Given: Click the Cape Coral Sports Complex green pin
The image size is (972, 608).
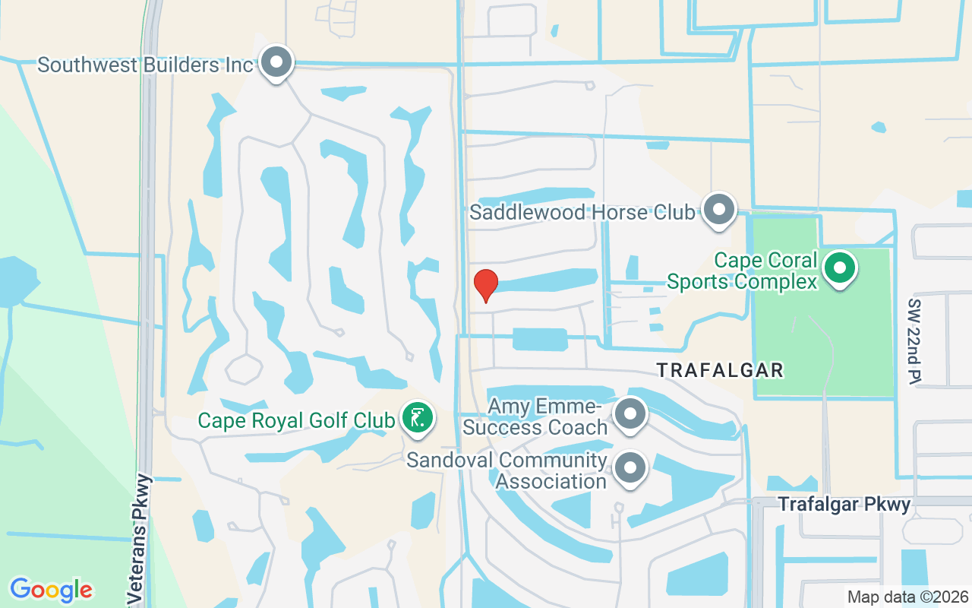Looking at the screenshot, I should (839, 268).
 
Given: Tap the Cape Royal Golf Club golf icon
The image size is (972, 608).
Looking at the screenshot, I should (416, 418).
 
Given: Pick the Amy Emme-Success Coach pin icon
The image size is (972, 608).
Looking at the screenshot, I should (630, 414).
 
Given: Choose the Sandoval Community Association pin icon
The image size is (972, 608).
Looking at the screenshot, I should (630, 468).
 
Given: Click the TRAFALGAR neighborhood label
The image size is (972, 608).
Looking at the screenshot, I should (720, 370).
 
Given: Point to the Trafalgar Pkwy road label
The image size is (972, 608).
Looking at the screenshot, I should (844, 504).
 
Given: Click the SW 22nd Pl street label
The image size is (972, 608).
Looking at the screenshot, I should (914, 340).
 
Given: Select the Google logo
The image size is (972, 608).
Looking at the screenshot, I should (52, 589).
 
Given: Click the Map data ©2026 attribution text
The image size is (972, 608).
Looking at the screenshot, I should (907, 597).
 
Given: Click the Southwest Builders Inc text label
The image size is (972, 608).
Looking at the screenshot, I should (145, 65).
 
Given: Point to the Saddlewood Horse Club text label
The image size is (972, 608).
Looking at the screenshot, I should (582, 212).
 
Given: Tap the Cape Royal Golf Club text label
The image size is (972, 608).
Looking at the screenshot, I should (296, 420).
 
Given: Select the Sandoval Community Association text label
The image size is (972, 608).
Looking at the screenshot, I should (507, 470).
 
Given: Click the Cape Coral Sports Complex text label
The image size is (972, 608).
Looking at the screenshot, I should (742, 271).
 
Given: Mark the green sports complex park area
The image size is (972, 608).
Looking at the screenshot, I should (824, 342).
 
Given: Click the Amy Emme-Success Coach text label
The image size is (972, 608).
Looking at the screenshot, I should (537, 416).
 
